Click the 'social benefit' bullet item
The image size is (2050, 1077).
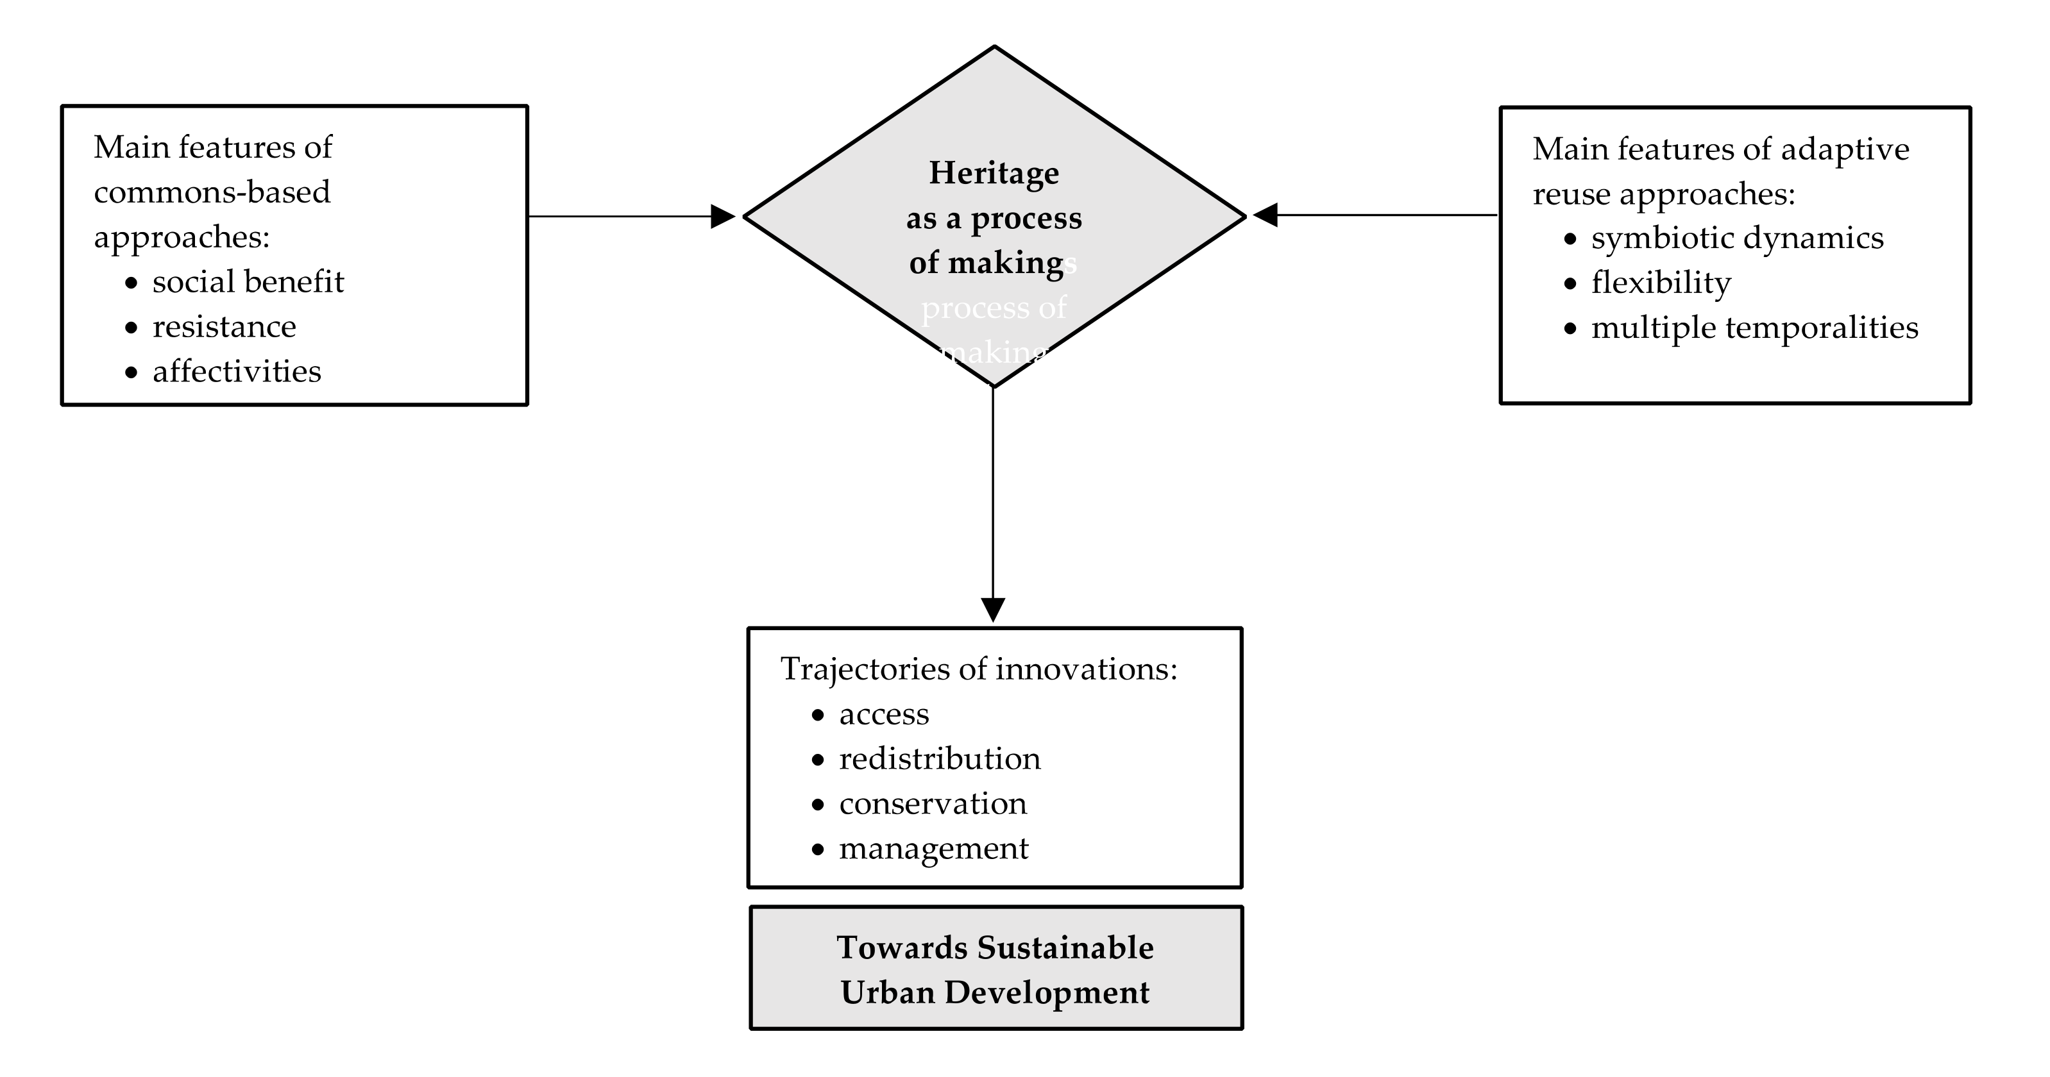pyautogui.click(x=248, y=282)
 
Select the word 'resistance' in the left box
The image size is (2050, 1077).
pyautogui.click(x=224, y=327)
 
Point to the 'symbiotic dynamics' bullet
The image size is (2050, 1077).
pyautogui.click(x=1736, y=238)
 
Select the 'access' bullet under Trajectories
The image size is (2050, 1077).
pyautogui.click(x=883, y=714)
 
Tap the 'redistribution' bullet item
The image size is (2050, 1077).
pyautogui.click(x=939, y=759)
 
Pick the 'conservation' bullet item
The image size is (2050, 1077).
pyautogui.click(x=933, y=804)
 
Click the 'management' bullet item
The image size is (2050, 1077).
pyautogui.click(x=933, y=849)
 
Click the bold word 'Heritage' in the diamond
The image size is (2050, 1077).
pyautogui.click(x=994, y=172)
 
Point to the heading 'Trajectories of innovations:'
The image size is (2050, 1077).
pyautogui.click(x=978, y=669)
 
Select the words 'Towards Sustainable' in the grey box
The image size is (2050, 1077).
pyautogui.click(x=995, y=948)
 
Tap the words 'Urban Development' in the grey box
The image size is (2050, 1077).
pyautogui.click(x=995, y=992)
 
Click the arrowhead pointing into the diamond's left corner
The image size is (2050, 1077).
pyautogui.click(x=723, y=216)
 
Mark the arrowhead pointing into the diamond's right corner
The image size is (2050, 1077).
pyautogui.click(x=1266, y=215)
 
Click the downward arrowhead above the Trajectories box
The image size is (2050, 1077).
pyautogui.click(x=992, y=609)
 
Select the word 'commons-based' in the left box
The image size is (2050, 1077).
pyautogui.click(x=212, y=192)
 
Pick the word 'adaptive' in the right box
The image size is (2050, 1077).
pyautogui.click(x=1845, y=149)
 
